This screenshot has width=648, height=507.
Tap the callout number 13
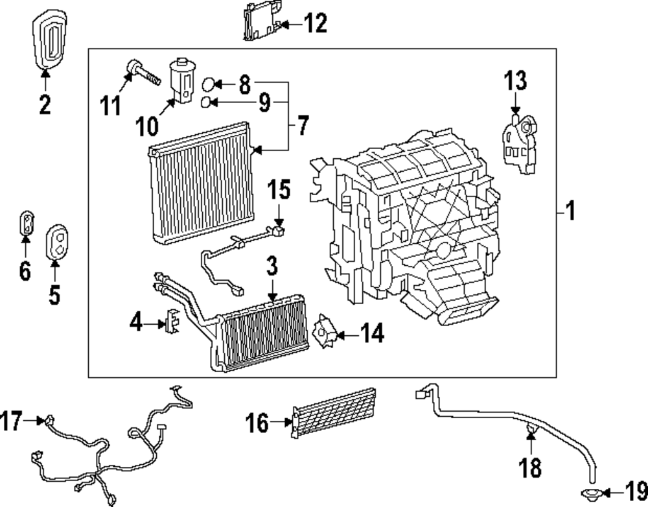coord(516,82)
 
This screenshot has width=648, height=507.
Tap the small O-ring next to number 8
coord(208,84)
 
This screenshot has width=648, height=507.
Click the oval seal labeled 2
coord(47,38)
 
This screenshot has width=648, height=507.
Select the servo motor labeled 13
coord(518,143)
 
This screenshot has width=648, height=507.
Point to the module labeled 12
coord(261,22)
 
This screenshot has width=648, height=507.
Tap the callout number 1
coord(570,211)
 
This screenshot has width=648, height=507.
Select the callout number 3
coord(272,267)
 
